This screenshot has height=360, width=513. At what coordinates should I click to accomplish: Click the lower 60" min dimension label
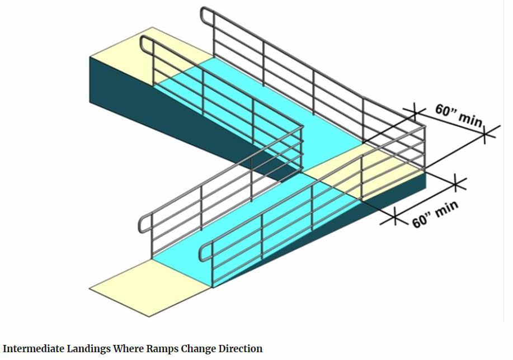point(435,215)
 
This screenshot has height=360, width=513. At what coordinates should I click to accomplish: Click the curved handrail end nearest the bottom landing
point(203,250)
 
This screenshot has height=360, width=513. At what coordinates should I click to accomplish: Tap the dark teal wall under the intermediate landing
point(397,184)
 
